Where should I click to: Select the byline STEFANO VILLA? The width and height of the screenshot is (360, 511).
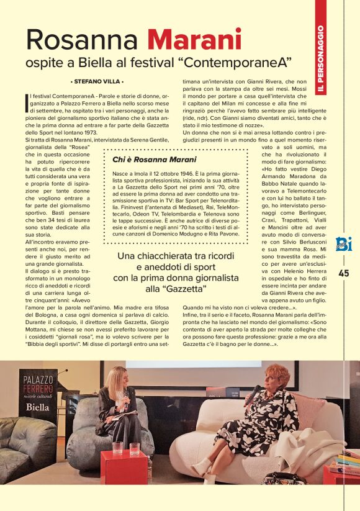[97, 81]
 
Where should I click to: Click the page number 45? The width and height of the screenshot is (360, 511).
[344, 273]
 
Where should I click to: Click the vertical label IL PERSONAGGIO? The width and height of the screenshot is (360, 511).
[320, 60]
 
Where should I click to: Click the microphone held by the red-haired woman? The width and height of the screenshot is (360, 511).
[253, 396]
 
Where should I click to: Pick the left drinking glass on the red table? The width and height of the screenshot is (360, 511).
[117, 448]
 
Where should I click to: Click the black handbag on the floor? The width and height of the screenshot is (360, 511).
[282, 477]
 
